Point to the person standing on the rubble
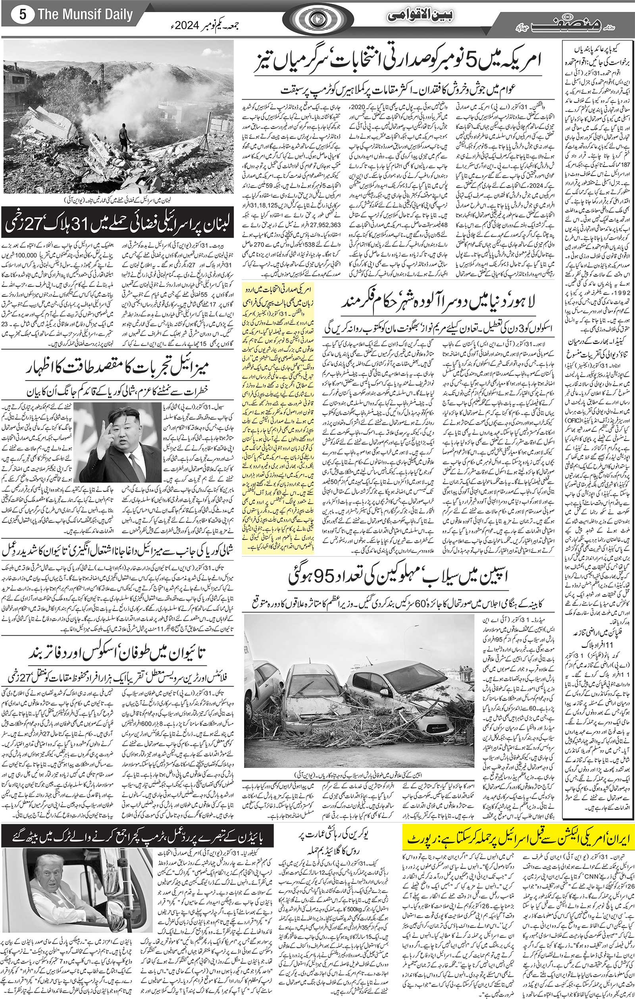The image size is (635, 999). tap(123, 139)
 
